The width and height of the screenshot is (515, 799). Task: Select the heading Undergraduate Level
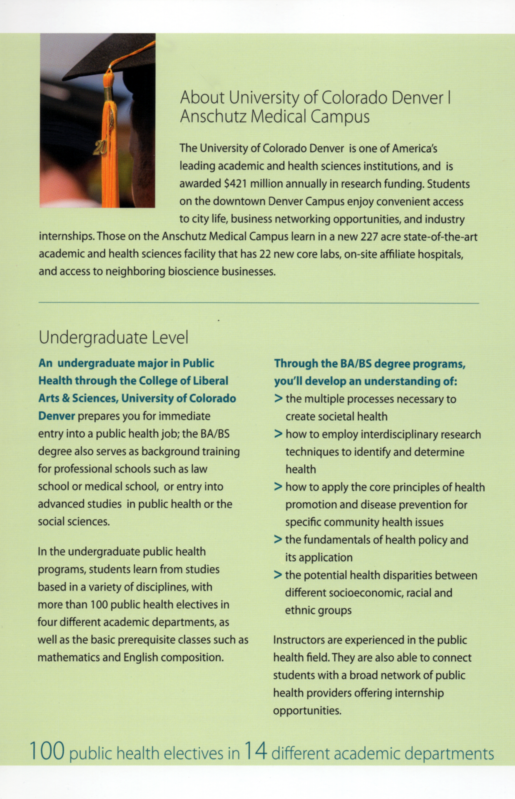(113, 337)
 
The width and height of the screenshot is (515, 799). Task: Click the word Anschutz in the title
(213, 117)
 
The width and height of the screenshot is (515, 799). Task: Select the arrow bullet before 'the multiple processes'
(279, 399)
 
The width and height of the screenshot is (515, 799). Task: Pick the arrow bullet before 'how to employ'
(279, 434)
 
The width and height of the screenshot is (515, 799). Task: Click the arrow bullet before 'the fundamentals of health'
(278, 540)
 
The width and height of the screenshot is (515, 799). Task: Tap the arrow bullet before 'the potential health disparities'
(278, 575)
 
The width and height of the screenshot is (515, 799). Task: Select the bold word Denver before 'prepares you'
(57, 416)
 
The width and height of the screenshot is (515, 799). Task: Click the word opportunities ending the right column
(307, 711)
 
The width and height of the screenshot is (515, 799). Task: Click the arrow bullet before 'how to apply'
(279, 487)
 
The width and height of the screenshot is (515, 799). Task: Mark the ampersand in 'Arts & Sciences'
(66, 399)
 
